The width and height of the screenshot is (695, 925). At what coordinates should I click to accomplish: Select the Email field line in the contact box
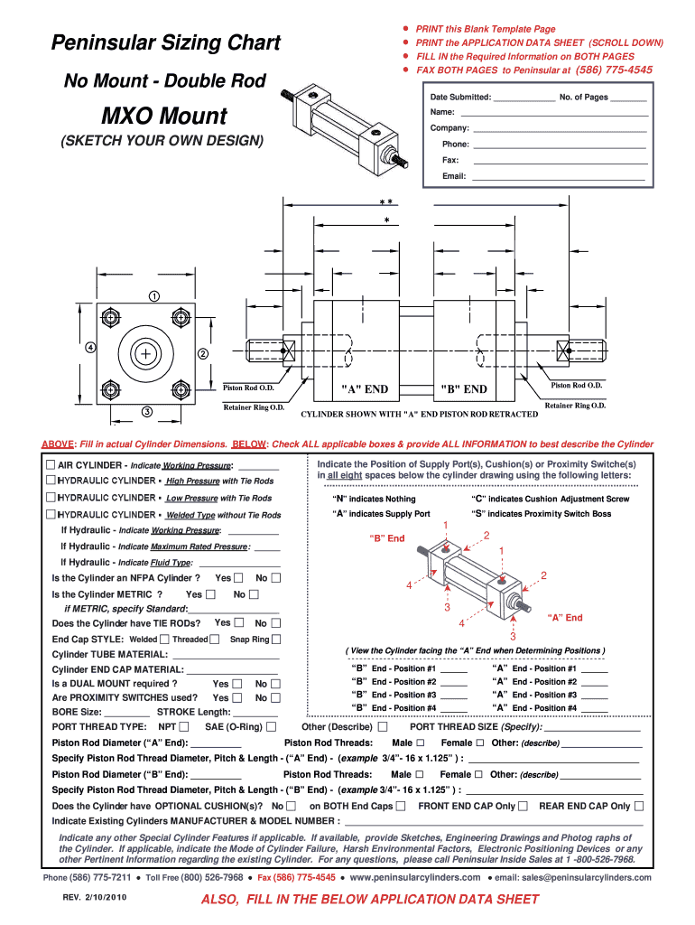(x=560, y=177)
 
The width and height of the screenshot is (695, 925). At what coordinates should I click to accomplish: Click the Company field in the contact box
(x=554, y=128)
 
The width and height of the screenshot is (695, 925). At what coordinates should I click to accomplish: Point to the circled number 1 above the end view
(x=154, y=295)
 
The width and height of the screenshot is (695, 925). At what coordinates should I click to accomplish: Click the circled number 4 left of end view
(x=91, y=347)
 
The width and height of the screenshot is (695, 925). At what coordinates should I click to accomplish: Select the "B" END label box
(x=463, y=389)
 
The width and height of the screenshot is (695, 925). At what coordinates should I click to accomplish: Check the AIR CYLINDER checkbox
(x=51, y=464)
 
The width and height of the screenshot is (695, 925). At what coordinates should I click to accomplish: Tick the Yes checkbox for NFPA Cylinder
(x=238, y=578)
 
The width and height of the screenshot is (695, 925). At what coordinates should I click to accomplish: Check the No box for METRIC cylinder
(x=254, y=594)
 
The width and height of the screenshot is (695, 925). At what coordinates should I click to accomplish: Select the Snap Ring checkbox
(x=276, y=639)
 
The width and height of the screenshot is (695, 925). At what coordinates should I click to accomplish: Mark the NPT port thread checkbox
(x=184, y=726)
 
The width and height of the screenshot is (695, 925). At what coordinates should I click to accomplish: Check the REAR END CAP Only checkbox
(x=639, y=806)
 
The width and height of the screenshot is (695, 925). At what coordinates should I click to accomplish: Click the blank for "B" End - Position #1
(x=454, y=669)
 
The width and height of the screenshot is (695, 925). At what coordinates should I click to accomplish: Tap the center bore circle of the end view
(x=144, y=353)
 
